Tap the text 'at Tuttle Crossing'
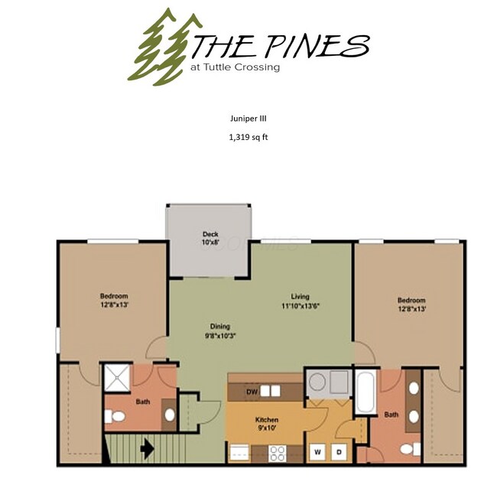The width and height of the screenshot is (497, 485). coord(235,67)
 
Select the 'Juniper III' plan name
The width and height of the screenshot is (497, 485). coord(248,119)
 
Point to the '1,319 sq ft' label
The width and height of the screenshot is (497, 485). coord(248,138)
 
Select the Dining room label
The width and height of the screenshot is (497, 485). coord(219,327)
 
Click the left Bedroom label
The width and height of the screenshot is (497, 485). coord(113,296)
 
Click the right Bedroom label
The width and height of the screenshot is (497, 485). coord(411,301)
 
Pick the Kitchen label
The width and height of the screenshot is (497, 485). coord(266,420)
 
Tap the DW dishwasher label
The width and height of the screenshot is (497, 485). coord(251,392)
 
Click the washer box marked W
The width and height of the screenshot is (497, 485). coord(317,452)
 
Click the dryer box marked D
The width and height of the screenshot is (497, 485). coord(339,452)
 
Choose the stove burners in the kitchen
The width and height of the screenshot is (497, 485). coord(277,451)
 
